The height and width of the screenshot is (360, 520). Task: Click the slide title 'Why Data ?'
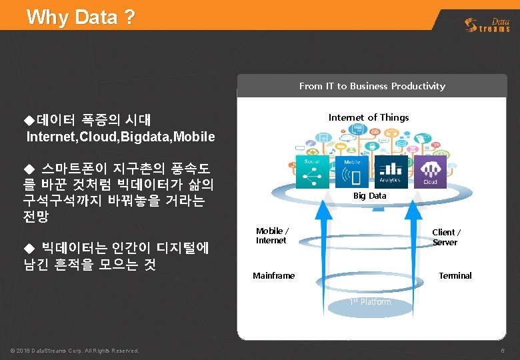click(81, 17)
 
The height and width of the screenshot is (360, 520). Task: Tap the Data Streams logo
click(487, 25)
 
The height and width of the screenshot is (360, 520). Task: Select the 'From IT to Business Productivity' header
click(372, 86)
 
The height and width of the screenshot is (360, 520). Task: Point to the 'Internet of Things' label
click(369, 117)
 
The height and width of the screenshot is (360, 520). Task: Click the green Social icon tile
click(312, 171)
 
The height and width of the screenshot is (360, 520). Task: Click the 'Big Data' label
click(369, 196)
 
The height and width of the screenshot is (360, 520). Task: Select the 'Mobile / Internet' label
click(271, 235)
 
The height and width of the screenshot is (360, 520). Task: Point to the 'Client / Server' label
click(446, 237)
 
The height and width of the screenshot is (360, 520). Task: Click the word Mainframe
click(273, 275)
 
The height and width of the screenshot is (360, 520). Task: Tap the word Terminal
click(455, 275)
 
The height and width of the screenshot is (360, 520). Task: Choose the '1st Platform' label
click(371, 302)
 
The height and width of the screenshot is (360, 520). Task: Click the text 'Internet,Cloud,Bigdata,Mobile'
click(121, 137)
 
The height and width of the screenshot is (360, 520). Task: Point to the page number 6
click(502, 351)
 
